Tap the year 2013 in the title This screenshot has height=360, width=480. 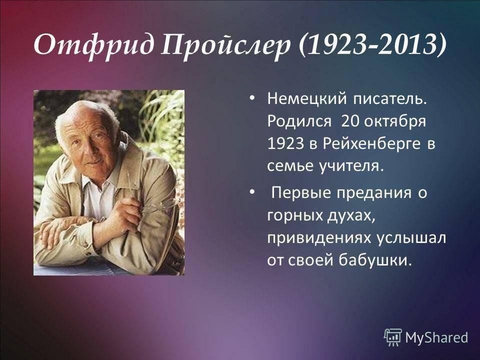pyautogui.click(x=406, y=45)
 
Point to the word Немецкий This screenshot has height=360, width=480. pyautogui.click(x=307, y=99)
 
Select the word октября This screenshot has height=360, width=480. pyautogui.click(x=395, y=121)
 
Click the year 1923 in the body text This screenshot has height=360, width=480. pyautogui.click(x=286, y=143)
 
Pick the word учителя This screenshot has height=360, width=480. pyautogui.click(x=351, y=166)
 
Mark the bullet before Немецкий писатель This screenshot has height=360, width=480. pyautogui.click(x=251, y=98)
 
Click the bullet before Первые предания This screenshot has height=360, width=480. pyautogui.click(x=251, y=192)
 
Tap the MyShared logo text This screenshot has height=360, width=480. pyautogui.click(x=437, y=337)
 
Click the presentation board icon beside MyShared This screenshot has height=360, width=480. pyautogui.click(x=393, y=337)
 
